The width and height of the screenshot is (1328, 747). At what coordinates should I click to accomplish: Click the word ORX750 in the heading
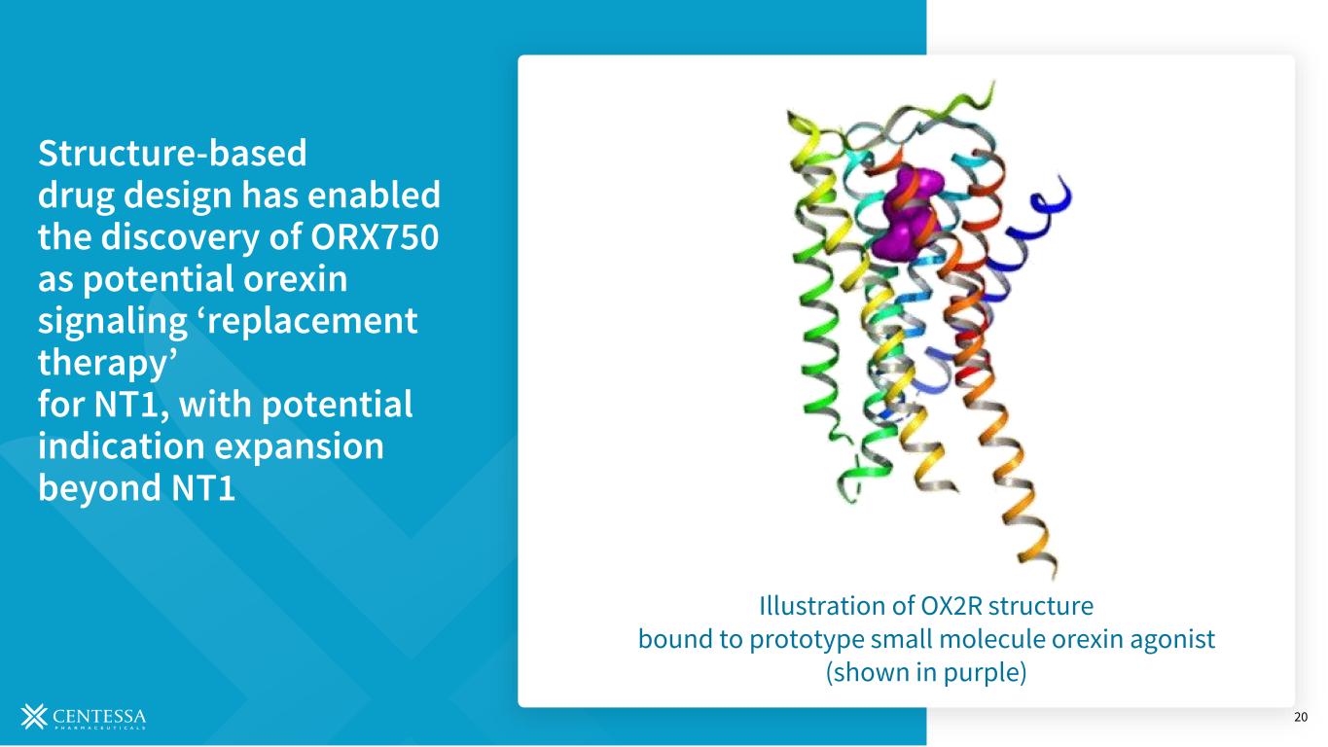coord(375,236)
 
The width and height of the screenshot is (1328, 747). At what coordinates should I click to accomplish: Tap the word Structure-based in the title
coord(172,153)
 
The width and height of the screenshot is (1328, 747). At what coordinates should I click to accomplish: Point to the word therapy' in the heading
coord(107,363)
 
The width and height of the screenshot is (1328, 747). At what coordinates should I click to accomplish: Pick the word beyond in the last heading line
coord(99,488)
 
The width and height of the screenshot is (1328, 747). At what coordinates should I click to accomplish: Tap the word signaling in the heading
coord(113,322)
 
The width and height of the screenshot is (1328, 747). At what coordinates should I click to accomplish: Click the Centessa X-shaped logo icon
coord(34,716)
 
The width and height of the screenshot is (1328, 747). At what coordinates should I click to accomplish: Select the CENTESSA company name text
coord(99,716)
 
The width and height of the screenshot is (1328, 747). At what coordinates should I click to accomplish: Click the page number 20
coord(1300,717)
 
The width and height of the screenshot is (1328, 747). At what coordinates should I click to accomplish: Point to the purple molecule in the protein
coord(907,213)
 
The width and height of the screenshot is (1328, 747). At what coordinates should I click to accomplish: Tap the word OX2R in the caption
coord(951,606)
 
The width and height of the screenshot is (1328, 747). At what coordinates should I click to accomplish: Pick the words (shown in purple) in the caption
coord(926,673)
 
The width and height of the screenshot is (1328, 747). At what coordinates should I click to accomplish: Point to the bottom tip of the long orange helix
coord(1053,576)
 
